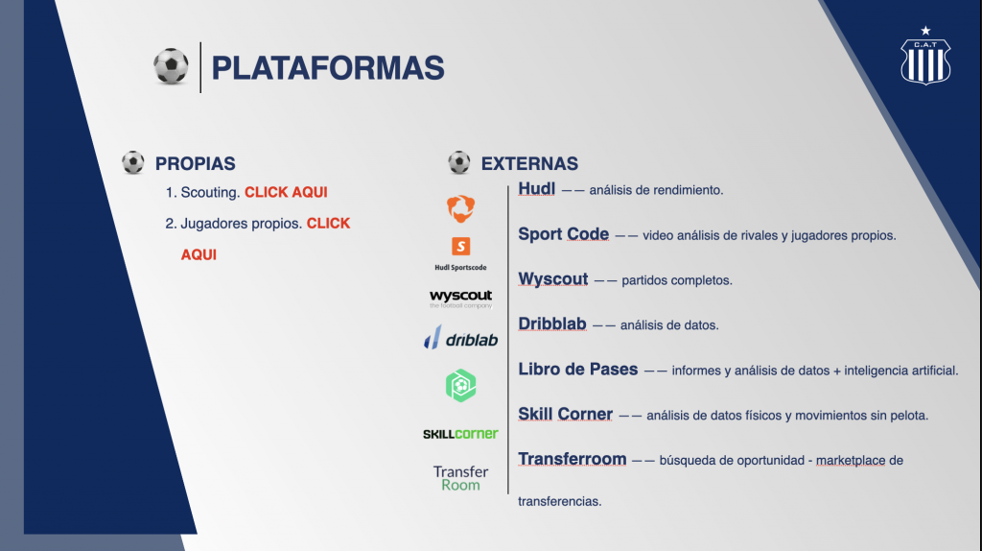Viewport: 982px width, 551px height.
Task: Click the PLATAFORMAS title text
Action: click(x=328, y=68)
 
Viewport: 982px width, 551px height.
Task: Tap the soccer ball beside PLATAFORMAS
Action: click(x=171, y=66)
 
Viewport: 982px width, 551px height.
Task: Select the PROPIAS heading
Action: click(x=196, y=163)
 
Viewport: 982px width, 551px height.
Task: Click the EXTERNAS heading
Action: click(x=529, y=163)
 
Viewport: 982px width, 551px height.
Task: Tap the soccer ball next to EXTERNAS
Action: click(x=459, y=162)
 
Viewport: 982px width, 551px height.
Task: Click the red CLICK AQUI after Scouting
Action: click(x=286, y=192)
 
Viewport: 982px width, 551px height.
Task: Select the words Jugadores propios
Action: click(x=241, y=224)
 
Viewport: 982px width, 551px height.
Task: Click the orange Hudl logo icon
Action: click(x=460, y=208)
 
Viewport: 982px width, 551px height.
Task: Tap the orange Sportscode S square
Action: click(x=460, y=247)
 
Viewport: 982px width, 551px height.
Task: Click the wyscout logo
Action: click(x=460, y=299)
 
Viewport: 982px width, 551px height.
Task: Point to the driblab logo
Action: click(x=460, y=339)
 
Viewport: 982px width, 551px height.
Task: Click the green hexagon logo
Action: click(x=460, y=386)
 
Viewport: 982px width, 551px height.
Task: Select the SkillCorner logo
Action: click(x=460, y=434)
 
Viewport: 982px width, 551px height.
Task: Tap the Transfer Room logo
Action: click(x=460, y=478)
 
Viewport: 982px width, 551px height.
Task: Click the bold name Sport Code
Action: click(x=563, y=234)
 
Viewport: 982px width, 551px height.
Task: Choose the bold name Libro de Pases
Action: click(x=577, y=370)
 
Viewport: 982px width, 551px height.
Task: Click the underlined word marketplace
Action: click(x=851, y=461)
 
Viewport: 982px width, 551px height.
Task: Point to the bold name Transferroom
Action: click(x=572, y=460)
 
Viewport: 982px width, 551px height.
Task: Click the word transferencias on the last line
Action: click(x=559, y=501)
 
